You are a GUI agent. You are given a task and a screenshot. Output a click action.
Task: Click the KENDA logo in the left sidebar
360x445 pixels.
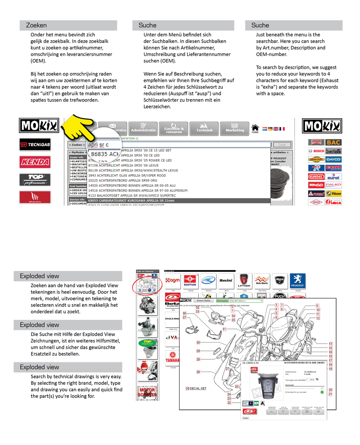click(x=34, y=162)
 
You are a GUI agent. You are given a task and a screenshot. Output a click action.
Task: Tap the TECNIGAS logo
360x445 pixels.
click(x=34, y=145)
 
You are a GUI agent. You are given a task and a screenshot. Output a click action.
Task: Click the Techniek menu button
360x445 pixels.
click(x=204, y=128)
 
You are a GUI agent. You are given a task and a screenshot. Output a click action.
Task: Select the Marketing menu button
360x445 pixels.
click(x=235, y=128)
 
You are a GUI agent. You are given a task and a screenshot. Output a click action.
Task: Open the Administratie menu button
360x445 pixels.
click(x=143, y=128)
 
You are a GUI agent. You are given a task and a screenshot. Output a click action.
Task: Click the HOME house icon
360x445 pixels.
click(x=255, y=128)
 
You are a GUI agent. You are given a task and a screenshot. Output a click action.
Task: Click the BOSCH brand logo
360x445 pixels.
click(x=316, y=151)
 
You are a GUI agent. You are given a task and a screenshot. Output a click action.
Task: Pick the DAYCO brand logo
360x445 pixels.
click(x=334, y=159)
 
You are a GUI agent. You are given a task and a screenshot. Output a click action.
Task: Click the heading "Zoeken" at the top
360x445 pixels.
click(x=36, y=25)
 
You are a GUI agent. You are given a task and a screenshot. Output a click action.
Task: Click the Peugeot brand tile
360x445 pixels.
click(x=298, y=281)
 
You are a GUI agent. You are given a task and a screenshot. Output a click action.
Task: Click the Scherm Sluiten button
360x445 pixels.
click(x=203, y=300)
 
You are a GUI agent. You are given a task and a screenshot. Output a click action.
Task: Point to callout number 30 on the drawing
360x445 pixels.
click(x=198, y=342)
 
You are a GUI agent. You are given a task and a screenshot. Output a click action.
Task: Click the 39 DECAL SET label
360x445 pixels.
click(x=196, y=389)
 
